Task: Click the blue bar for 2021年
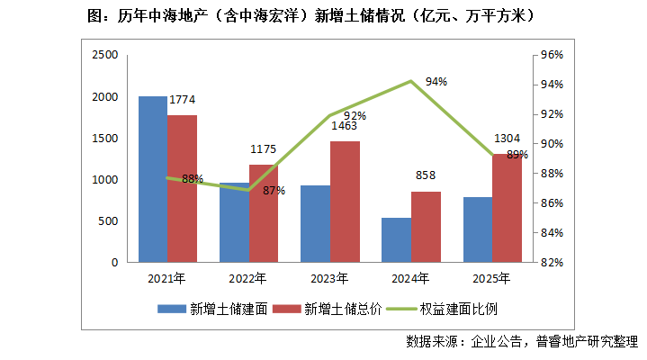coord(153,179)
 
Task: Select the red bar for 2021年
coord(182,189)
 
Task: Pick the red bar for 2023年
coord(345,202)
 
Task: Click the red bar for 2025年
coord(507,208)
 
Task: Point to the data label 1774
coord(182,100)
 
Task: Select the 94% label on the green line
coord(436,82)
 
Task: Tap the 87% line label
coord(274,190)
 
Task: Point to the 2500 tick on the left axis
coord(105,55)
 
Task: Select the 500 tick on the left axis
coord(108,221)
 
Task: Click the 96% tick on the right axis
coord(550,55)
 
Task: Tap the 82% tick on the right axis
coord(550,263)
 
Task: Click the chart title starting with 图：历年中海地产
coord(322,16)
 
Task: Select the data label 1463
coord(345,126)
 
